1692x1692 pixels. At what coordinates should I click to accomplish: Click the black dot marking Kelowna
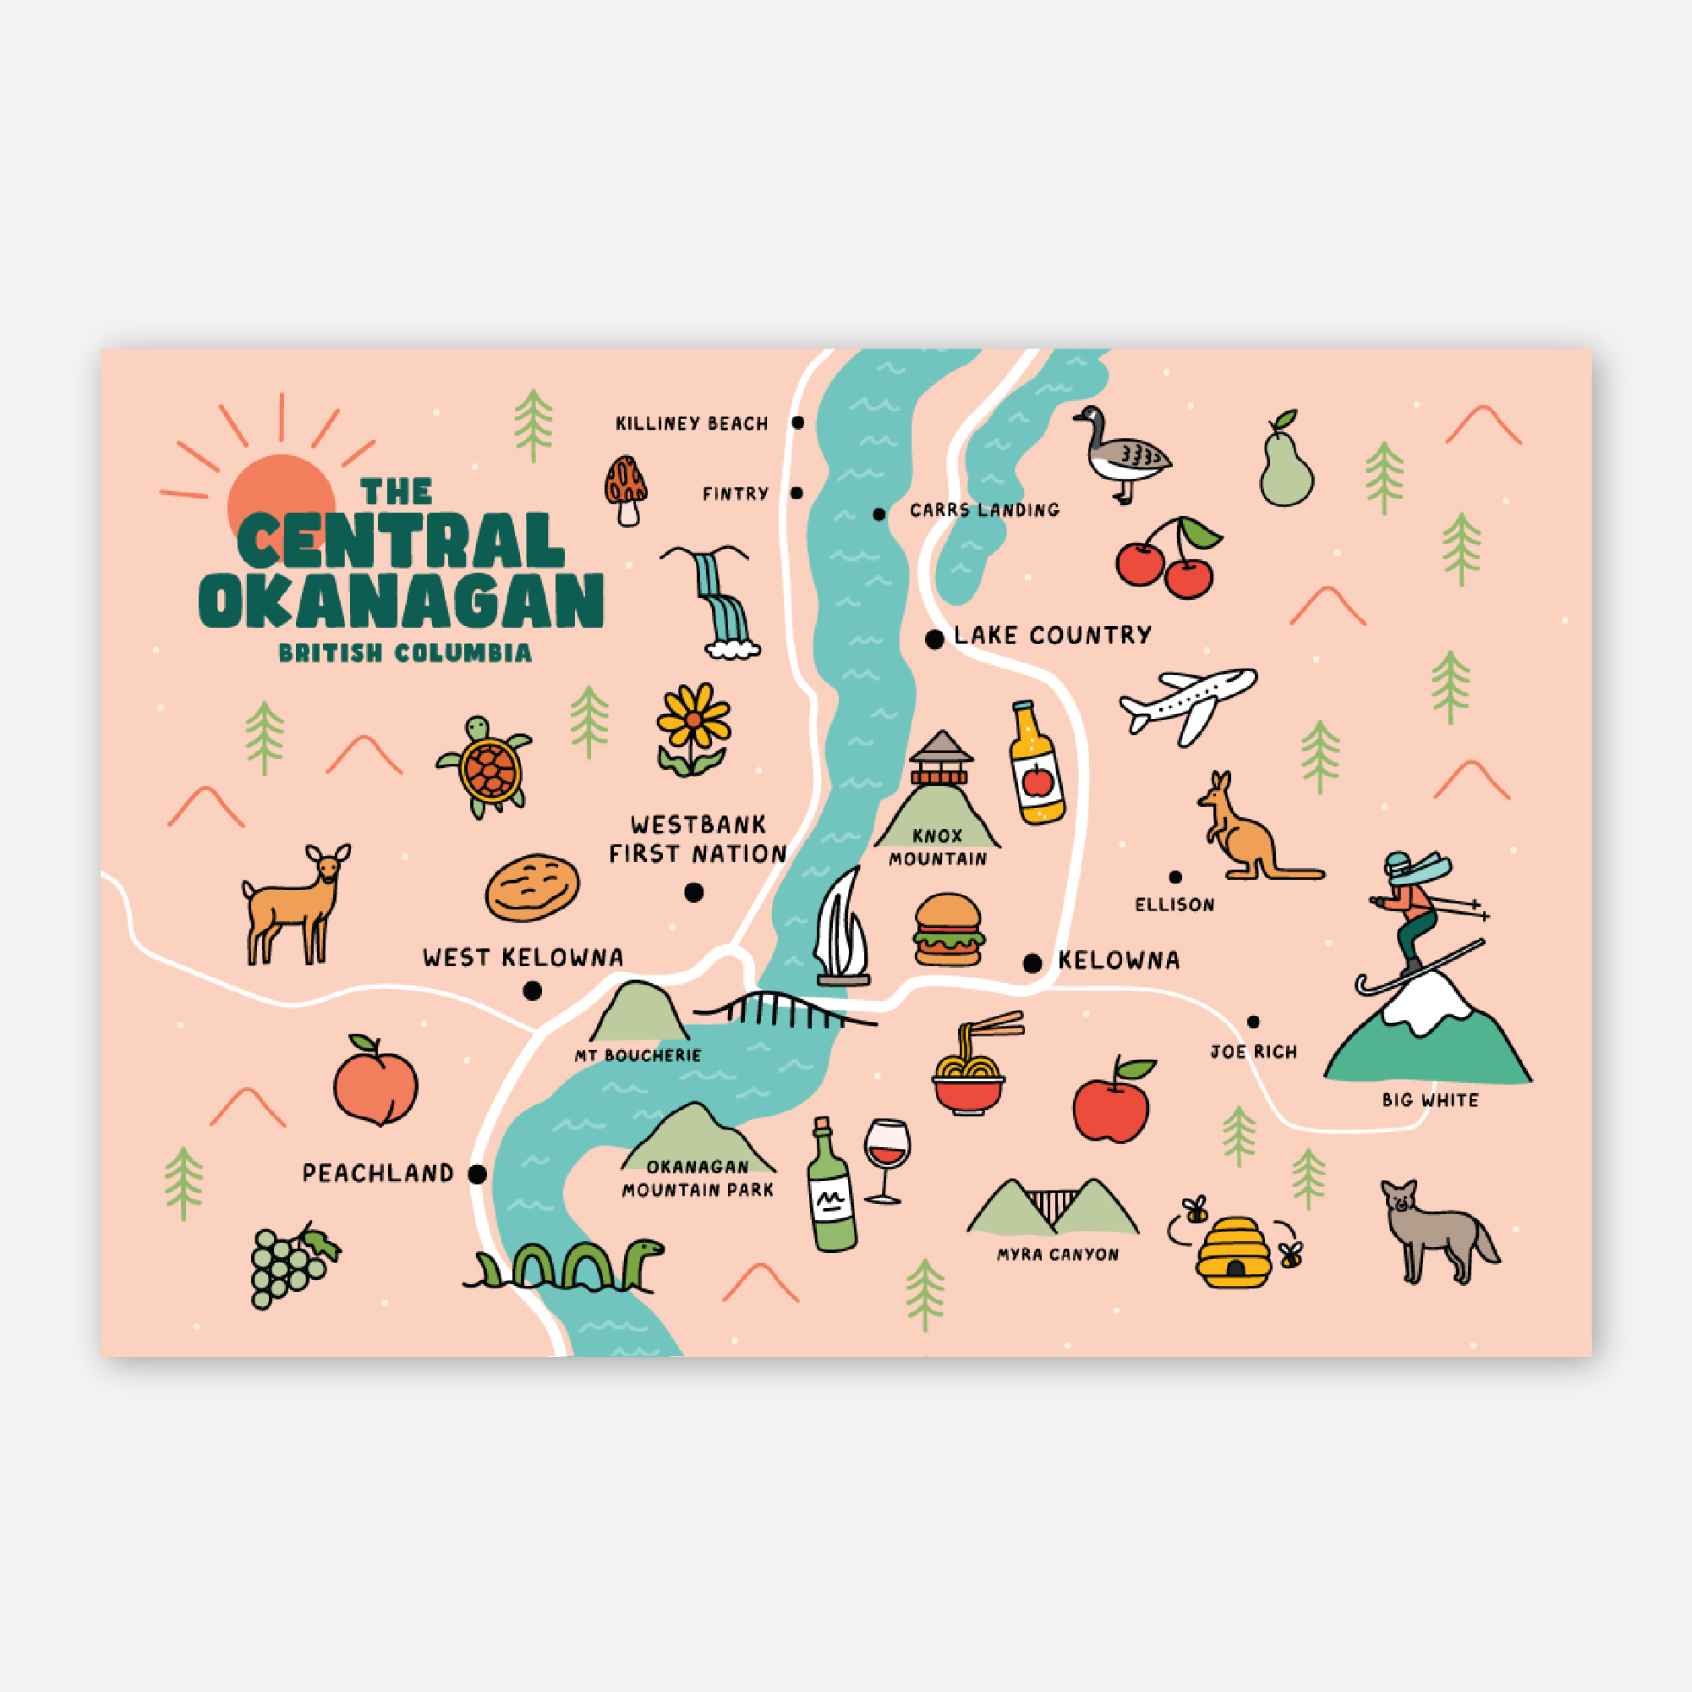pos(1032,963)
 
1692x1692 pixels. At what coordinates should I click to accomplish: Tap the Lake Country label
pos(1052,635)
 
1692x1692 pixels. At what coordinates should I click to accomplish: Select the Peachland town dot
pos(477,1174)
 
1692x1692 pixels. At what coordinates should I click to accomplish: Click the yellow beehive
pos(1233,1253)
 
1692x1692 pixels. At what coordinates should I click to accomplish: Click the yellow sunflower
pos(693,721)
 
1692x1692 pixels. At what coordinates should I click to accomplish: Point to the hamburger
pos(949,931)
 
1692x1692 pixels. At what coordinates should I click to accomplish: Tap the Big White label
pos(1430,1101)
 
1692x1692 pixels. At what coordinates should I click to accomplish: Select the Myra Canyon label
pos(1058,1255)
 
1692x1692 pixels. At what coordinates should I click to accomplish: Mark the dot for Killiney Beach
pos(798,423)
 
